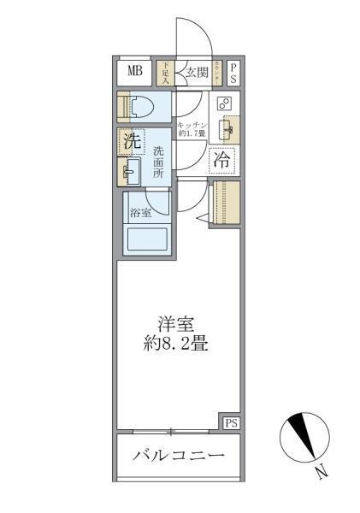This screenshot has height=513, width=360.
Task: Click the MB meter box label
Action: point(135,71)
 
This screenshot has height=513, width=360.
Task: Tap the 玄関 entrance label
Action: point(195,73)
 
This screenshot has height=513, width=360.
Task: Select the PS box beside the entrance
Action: point(233,72)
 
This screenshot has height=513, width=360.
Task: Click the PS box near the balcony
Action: point(231,422)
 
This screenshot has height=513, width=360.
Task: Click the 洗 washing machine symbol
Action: point(131,142)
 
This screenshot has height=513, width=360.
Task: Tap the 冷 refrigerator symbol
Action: point(221,159)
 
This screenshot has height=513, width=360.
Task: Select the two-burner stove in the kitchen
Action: point(224,103)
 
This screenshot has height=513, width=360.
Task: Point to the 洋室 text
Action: point(178,324)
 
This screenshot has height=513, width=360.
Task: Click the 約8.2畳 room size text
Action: point(178,345)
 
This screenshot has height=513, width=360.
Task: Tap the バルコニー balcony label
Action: point(178,455)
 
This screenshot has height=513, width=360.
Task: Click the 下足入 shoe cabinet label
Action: point(166,72)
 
